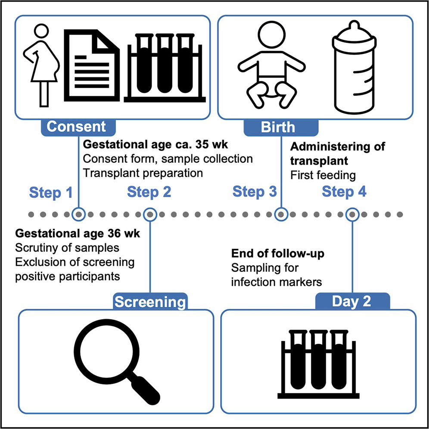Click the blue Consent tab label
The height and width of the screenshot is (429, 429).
[x=76, y=127]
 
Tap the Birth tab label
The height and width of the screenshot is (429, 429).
[x=278, y=128]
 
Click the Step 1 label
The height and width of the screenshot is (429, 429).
[x=51, y=193]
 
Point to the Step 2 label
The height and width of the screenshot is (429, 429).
[x=149, y=192]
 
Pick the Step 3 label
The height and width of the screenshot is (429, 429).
[x=255, y=192]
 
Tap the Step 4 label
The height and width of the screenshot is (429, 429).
[x=344, y=192]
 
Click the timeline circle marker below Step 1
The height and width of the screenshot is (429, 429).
[x=78, y=214]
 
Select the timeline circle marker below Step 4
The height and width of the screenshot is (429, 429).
[x=353, y=214]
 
